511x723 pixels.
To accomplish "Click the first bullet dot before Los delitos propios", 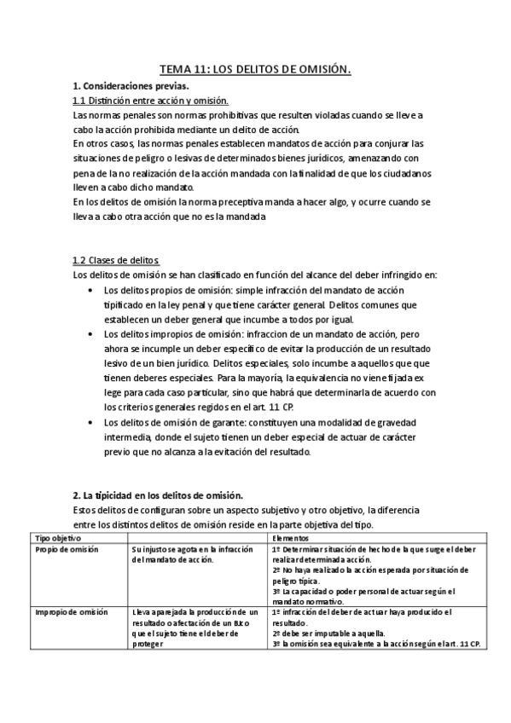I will click(x=92, y=291).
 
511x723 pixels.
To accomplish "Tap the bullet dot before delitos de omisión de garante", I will click(x=92, y=421).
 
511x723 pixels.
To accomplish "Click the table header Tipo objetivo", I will click(x=57, y=539).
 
